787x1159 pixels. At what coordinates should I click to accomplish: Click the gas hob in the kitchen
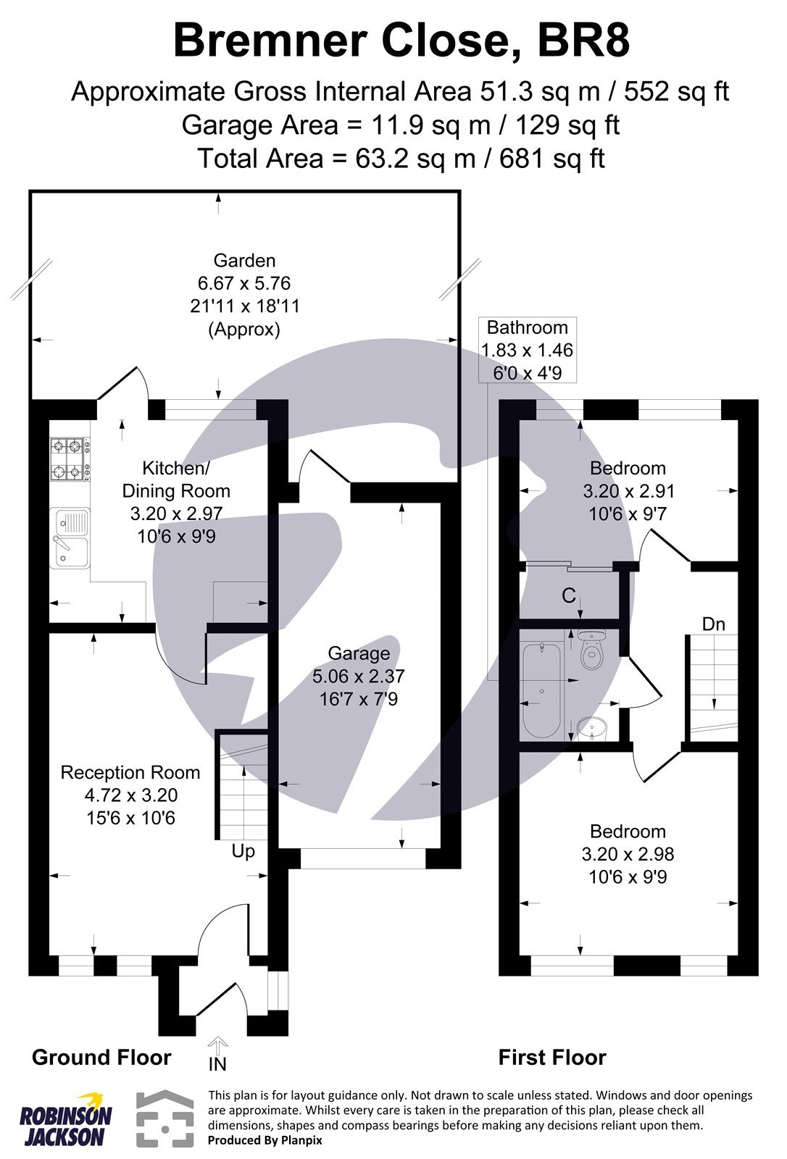pos(69,459)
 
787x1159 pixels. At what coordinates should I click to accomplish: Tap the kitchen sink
pos(69,537)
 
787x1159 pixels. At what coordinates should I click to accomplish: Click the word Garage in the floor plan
pos(359,653)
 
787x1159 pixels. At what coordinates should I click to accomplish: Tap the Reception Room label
pos(130,772)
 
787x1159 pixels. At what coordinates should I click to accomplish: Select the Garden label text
pos(244,261)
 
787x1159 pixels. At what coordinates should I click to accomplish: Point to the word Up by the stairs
pos(243,850)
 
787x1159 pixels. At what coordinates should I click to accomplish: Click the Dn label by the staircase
pos(714,624)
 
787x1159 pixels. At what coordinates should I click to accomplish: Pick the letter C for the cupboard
pos(569,596)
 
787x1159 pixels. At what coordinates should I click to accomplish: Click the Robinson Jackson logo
pos(65,1120)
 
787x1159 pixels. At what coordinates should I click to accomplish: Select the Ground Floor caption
pos(101,1058)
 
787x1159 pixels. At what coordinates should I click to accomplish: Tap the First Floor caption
pos(552,1058)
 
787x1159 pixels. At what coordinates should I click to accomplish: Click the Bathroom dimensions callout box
pos(528,350)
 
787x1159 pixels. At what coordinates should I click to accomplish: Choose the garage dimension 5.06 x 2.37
pos(359,677)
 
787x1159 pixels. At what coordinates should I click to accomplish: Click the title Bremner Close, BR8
pos(401,41)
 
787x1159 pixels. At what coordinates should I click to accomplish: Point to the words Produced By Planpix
pos(265,1140)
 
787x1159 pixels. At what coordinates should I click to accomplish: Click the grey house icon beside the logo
pos(165,1119)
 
